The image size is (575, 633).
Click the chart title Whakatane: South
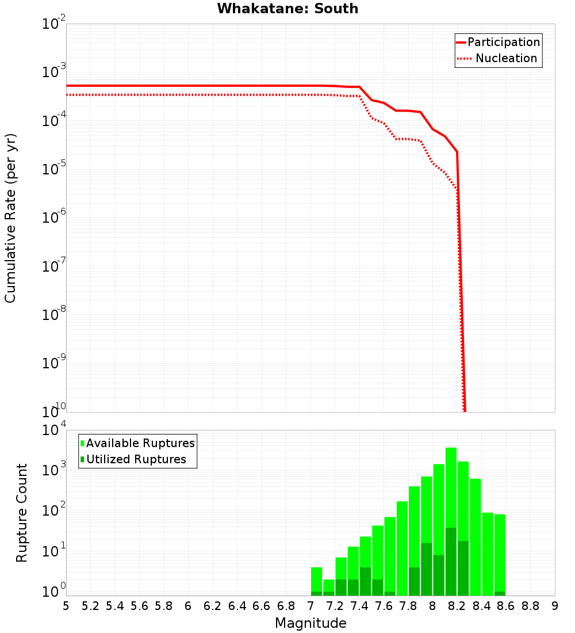[287, 9]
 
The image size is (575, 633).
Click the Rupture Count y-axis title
[22, 512]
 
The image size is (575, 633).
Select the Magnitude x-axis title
[310, 623]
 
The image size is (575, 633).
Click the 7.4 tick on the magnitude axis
[359, 606]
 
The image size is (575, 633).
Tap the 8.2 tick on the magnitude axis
[457, 606]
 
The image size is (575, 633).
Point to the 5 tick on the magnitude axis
[66, 606]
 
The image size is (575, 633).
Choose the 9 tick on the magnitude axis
[555, 606]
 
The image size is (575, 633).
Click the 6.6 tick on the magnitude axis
[262, 606]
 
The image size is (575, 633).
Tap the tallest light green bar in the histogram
[451, 489]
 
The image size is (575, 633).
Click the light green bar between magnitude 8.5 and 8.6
[500, 552]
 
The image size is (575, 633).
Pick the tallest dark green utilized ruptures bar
[451, 561]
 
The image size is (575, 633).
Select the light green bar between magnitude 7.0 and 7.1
[316, 578]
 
